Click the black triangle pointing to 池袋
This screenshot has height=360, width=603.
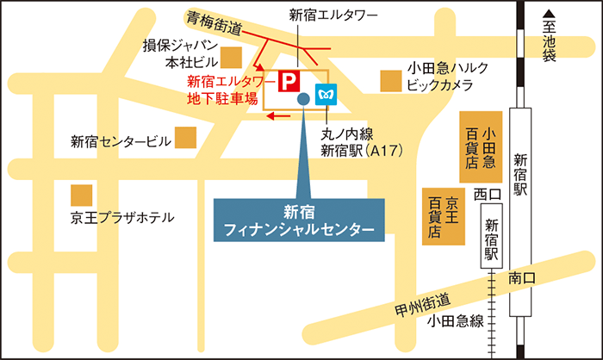(549, 15)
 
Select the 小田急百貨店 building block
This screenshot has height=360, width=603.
(481, 146)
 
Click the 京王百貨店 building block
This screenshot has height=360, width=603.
(444, 216)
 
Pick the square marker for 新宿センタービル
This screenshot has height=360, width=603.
(185, 138)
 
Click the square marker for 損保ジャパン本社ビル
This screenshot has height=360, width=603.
(230, 58)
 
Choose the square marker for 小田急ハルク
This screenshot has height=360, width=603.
(391, 81)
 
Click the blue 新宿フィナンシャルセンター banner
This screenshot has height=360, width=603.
(298, 220)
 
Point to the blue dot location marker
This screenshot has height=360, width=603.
(303, 100)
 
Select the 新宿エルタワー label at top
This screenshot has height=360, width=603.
(321, 14)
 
